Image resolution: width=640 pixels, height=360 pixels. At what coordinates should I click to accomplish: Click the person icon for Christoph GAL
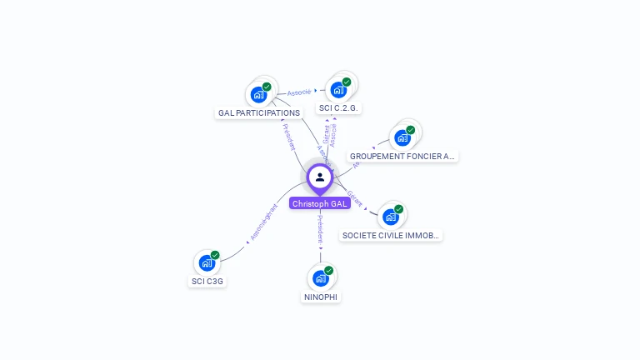pyautogui.click(x=320, y=177)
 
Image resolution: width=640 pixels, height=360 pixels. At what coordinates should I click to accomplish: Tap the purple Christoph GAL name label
pyautogui.click(x=320, y=203)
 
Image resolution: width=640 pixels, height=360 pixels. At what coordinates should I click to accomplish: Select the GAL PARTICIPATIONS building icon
pyautogui.click(x=258, y=95)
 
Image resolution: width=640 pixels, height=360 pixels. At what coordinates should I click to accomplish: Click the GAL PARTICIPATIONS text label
pyautogui.click(x=258, y=113)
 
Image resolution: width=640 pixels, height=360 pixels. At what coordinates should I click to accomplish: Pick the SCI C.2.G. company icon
pyautogui.click(x=338, y=90)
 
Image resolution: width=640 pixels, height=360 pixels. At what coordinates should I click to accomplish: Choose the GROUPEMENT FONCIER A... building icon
pyautogui.click(x=402, y=137)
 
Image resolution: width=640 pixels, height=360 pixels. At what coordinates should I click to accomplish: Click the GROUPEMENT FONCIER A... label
pyautogui.click(x=403, y=156)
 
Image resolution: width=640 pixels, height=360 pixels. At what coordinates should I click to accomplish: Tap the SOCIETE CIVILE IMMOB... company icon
pyautogui.click(x=390, y=217)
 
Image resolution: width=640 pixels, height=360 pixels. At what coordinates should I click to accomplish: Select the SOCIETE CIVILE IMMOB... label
pyautogui.click(x=391, y=236)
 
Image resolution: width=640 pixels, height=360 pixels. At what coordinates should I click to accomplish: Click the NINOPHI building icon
pyautogui.click(x=320, y=278)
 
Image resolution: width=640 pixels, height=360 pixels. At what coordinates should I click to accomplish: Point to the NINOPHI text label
pyautogui.click(x=321, y=297)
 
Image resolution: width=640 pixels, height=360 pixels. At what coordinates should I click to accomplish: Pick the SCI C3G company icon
pyautogui.click(x=207, y=263)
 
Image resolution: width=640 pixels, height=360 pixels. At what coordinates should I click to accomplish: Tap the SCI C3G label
pyautogui.click(x=207, y=282)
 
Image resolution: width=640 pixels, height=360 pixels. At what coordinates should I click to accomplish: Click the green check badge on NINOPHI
pyautogui.click(x=329, y=271)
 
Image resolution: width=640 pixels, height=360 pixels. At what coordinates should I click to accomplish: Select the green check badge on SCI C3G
pyautogui.click(x=215, y=255)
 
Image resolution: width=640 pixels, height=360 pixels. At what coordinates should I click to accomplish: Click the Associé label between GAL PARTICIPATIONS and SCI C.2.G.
pyautogui.click(x=299, y=92)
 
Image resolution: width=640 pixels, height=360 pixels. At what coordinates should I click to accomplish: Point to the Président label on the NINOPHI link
pyautogui.click(x=320, y=228)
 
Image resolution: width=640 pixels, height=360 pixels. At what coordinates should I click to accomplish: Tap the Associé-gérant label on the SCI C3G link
pyautogui.click(x=263, y=223)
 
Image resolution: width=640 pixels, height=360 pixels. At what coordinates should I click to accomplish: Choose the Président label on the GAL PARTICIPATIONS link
pyautogui.click(x=289, y=137)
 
